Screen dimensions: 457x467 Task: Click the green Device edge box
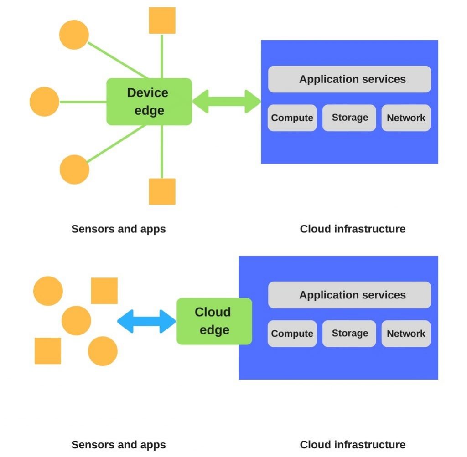click(149, 102)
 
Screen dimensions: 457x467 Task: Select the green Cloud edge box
click(214, 321)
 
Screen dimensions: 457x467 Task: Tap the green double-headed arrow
click(226, 101)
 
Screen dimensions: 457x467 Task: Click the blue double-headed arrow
click(146, 321)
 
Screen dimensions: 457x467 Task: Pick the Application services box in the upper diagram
click(349, 79)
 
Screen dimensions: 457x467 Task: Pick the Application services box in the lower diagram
click(349, 295)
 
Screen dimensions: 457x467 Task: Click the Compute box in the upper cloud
click(292, 118)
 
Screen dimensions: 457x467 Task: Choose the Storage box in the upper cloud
click(349, 118)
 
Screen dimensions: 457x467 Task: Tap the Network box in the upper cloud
click(406, 118)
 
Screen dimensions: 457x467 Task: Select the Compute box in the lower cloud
click(292, 334)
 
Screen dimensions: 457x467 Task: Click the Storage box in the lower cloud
click(349, 333)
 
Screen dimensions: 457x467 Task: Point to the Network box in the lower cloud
click(406, 334)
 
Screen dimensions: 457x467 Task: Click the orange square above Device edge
click(162, 21)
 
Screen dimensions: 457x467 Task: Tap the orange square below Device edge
click(162, 191)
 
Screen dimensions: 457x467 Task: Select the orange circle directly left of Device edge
click(45, 102)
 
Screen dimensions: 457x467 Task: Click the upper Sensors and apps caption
click(119, 229)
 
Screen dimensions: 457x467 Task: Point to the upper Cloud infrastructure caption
click(353, 229)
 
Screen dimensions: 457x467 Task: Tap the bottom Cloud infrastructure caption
click(353, 445)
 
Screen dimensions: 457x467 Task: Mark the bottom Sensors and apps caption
click(119, 445)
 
